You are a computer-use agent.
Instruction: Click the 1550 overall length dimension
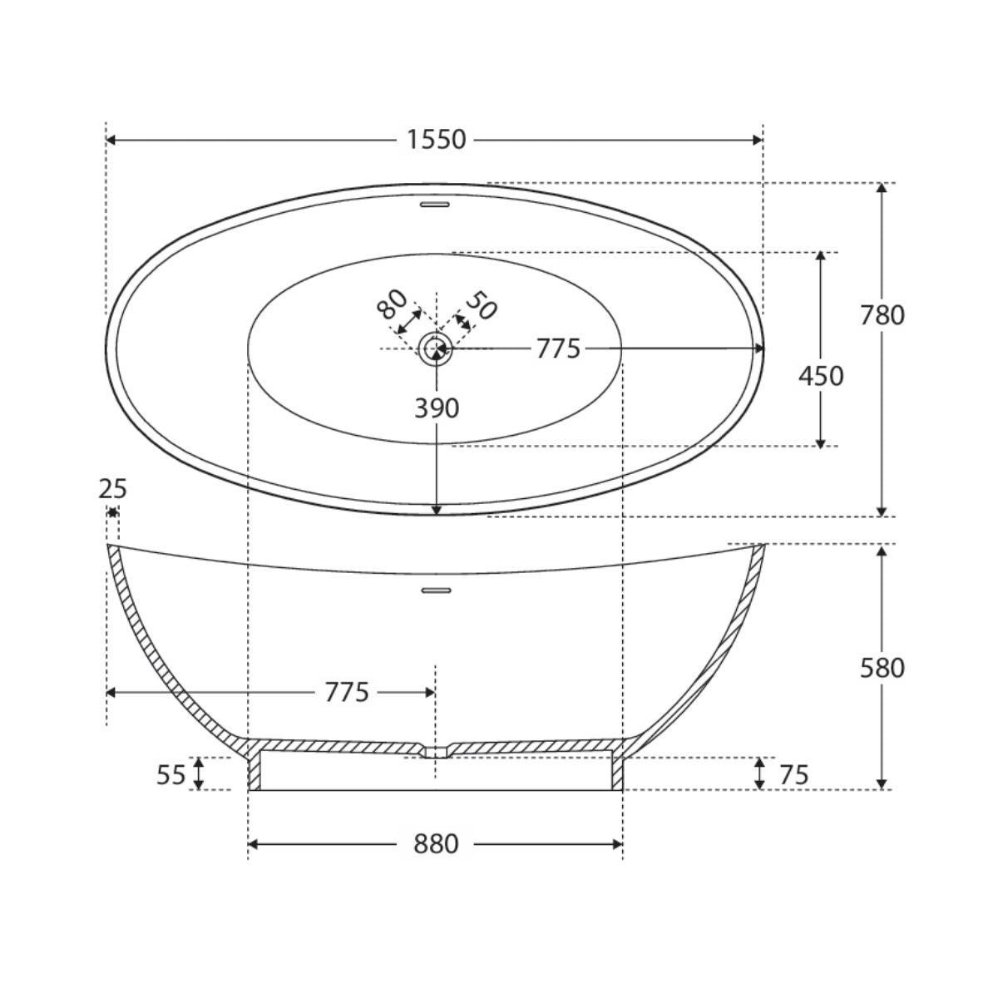[x=436, y=140]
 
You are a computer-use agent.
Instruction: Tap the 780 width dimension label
[x=882, y=315]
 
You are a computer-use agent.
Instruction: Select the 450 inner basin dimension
[x=821, y=376]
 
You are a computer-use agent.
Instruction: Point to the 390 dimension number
[x=437, y=408]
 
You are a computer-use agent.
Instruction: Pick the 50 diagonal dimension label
[x=482, y=305]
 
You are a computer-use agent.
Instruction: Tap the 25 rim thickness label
[x=112, y=489]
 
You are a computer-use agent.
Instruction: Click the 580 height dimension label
[x=882, y=668]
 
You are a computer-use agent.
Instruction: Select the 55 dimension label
[x=171, y=775]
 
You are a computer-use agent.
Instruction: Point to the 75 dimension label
[x=794, y=775]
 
